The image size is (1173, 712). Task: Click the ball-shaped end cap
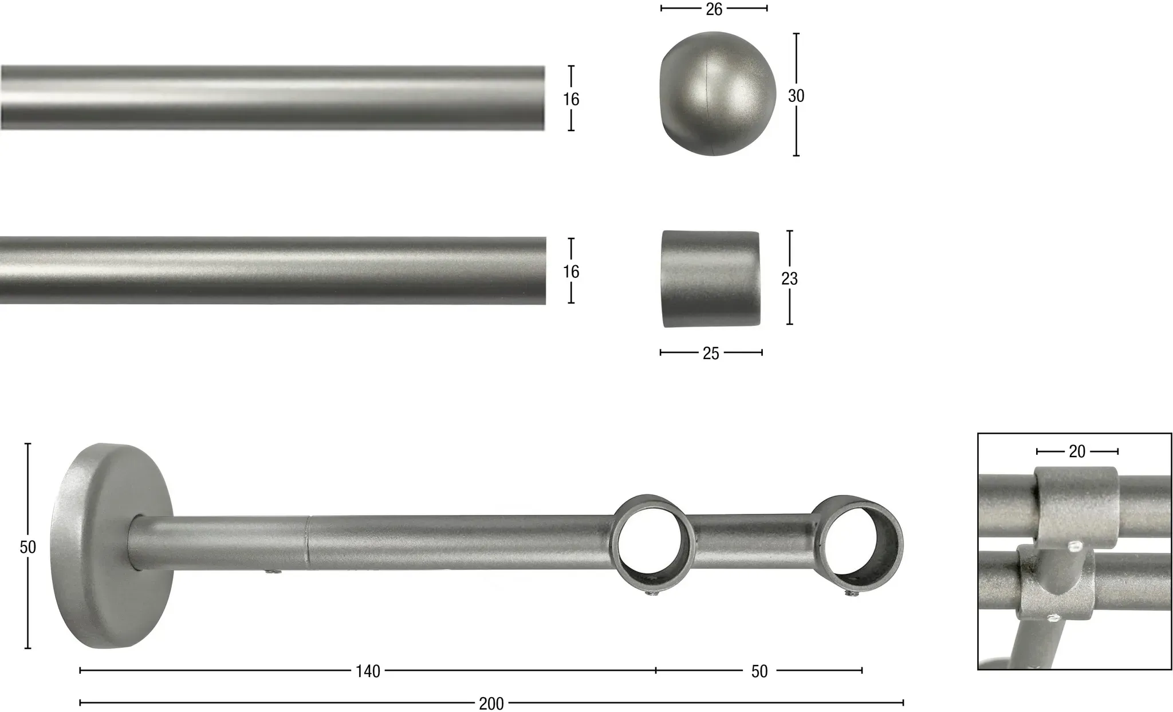click(718, 93)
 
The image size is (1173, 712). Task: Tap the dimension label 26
click(714, 9)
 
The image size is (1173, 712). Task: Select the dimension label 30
click(796, 96)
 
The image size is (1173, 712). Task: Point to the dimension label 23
click(789, 278)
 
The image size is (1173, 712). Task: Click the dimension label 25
click(711, 353)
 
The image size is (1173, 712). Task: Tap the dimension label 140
click(368, 671)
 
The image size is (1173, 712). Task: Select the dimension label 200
click(491, 704)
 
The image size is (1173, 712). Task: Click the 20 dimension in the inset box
click(1077, 452)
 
